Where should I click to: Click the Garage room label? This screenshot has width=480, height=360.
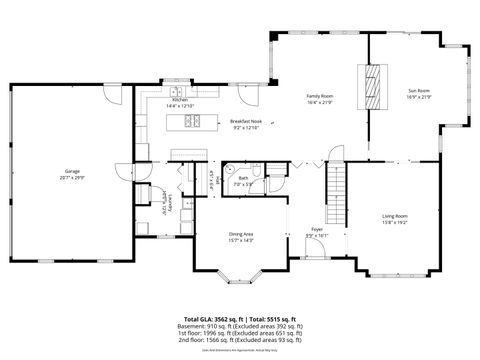(x=72, y=171)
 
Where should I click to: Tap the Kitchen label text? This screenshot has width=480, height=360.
(x=179, y=100)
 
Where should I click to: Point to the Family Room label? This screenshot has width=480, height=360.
(x=319, y=96)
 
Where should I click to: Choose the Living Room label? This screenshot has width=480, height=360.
(x=395, y=215)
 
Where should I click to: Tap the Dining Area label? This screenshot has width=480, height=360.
(x=242, y=234)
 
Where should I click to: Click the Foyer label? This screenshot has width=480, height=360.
(x=315, y=230)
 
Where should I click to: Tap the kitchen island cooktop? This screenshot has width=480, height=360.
(x=191, y=123)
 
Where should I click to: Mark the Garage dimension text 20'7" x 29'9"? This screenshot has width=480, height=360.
(x=72, y=177)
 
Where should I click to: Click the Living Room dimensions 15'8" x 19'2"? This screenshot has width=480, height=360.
(x=395, y=221)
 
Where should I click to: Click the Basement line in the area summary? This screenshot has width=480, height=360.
(x=239, y=326)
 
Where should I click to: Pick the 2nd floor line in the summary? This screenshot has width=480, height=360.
(x=239, y=340)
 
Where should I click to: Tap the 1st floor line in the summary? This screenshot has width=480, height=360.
(x=239, y=333)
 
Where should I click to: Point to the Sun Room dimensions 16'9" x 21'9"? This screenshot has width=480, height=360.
(x=417, y=98)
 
